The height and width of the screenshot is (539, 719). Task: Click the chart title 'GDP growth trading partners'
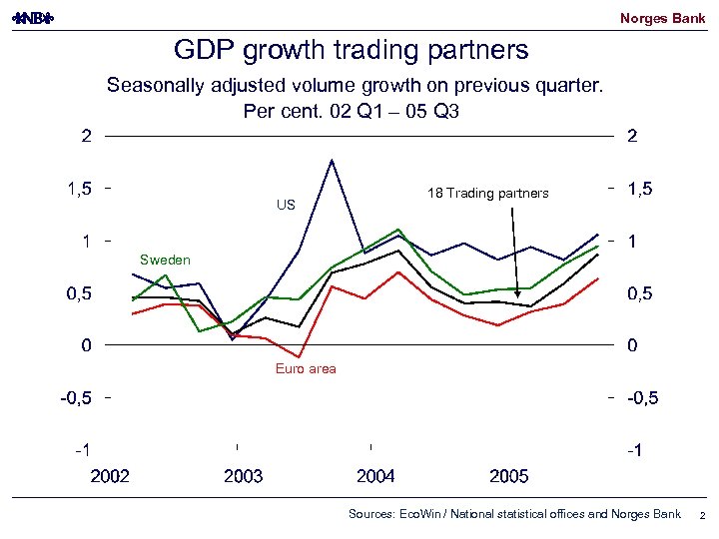pyautogui.click(x=351, y=50)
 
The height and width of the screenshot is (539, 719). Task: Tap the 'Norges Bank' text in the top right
pyautogui.click(x=662, y=18)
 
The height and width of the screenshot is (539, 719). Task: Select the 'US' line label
pyautogui.click(x=286, y=205)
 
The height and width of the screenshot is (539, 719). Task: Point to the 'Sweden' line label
pyautogui.click(x=165, y=261)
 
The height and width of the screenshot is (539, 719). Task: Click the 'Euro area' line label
pyautogui.click(x=306, y=369)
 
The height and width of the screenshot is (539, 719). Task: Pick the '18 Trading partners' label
pyautogui.click(x=487, y=193)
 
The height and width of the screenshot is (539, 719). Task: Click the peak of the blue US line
pyautogui.click(x=331, y=160)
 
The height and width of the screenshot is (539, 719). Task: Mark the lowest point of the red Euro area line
pyautogui.click(x=299, y=356)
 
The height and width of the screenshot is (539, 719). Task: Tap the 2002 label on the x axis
pyautogui.click(x=110, y=477)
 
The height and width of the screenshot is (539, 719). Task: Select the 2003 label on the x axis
pyautogui.click(x=243, y=477)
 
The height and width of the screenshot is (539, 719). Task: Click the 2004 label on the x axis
pyautogui.click(x=375, y=477)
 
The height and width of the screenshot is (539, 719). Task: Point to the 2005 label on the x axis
pyautogui.click(x=508, y=477)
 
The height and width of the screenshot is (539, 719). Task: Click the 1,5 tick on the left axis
pyautogui.click(x=81, y=189)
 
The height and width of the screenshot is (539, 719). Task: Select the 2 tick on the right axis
pyautogui.click(x=632, y=137)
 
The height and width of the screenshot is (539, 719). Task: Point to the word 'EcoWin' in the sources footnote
pyautogui.click(x=417, y=514)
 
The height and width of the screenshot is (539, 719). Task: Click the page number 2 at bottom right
pyautogui.click(x=702, y=516)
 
